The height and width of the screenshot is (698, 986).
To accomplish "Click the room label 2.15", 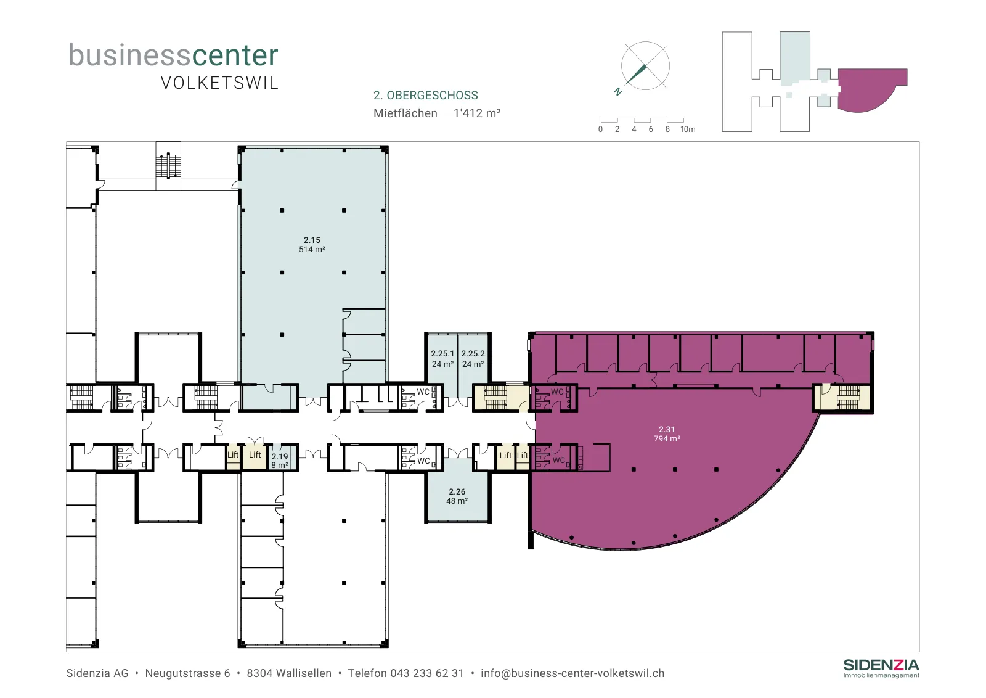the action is (x=312, y=240).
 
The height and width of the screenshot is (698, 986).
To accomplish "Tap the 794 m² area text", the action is (x=667, y=438).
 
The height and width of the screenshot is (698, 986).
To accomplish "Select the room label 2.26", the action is (x=457, y=491).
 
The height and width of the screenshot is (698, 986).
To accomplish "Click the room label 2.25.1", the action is (x=442, y=353).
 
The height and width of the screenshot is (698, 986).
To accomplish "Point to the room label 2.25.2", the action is (x=473, y=353).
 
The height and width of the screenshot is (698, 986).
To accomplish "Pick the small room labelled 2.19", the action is (x=280, y=461).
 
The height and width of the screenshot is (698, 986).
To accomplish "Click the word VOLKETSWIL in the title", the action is (x=219, y=83).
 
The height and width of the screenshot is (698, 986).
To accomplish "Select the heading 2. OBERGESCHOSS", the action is (x=426, y=95).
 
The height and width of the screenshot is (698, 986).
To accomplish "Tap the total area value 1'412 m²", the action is (x=477, y=113).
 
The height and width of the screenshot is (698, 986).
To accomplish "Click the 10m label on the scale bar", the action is (x=688, y=129).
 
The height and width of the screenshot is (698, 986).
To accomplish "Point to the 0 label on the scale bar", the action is (x=600, y=129).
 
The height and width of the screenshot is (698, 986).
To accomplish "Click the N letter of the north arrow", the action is (x=618, y=92).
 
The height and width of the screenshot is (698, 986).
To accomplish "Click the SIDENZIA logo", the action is (x=881, y=668).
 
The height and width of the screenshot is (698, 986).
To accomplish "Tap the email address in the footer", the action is (x=572, y=673).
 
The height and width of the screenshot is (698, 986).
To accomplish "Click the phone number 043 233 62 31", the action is (x=427, y=673).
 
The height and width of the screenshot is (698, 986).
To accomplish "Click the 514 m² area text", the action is (x=312, y=249).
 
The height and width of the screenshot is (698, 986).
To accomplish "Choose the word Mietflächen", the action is (x=405, y=113).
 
